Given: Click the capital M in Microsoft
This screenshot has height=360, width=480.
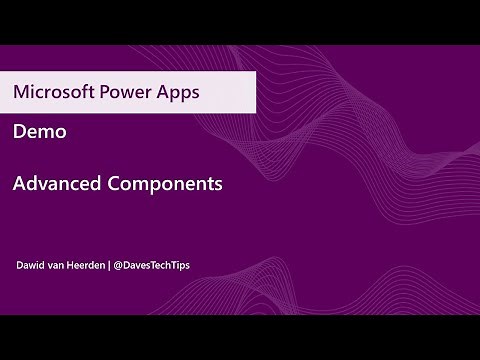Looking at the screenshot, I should click(21, 93).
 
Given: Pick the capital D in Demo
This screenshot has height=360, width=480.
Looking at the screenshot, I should click(20, 133).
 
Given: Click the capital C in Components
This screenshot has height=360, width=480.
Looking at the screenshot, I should click(116, 184).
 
